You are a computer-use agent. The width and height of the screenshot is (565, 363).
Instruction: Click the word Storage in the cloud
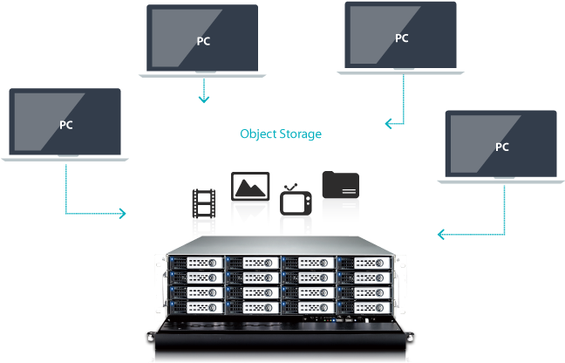(x=301, y=134)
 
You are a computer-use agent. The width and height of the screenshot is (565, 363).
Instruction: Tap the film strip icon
(x=203, y=203)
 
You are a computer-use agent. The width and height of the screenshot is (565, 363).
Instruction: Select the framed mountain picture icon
(x=249, y=187)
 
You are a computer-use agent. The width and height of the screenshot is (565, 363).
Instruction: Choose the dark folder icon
(x=340, y=184)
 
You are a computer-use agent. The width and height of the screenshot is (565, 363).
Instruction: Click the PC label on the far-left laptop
(x=66, y=125)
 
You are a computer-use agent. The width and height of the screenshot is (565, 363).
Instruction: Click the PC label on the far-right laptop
(x=502, y=147)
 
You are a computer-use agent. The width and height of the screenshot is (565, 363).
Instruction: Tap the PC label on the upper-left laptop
(x=203, y=41)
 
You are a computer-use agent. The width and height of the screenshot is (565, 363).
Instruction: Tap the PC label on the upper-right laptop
(x=402, y=38)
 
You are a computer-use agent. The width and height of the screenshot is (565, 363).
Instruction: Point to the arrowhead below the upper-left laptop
(x=203, y=99)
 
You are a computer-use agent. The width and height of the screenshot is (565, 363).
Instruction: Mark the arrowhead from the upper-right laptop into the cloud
(x=388, y=124)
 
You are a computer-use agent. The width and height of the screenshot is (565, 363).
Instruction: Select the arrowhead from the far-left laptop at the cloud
(x=123, y=213)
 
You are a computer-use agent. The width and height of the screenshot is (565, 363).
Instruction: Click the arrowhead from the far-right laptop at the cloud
(x=441, y=234)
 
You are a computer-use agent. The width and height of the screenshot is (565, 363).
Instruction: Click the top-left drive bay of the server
(x=196, y=261)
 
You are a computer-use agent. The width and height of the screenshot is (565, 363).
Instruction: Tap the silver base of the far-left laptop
(x=65, y=157)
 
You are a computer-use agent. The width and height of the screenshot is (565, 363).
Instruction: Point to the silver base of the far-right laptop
(x=501, y=179)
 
